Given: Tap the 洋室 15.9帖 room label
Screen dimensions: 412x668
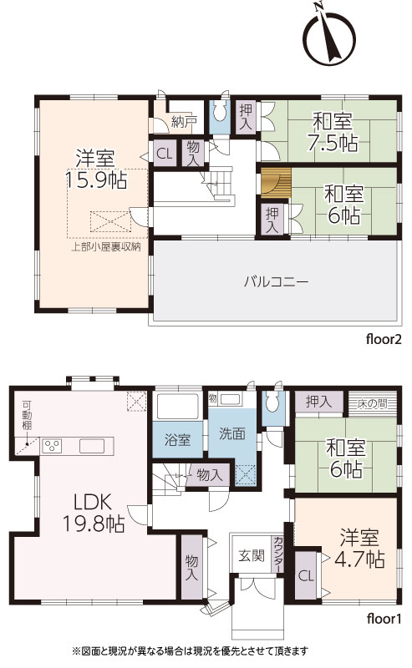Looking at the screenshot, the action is pos(95,170).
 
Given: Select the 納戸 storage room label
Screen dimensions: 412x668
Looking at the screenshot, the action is pos(184,121).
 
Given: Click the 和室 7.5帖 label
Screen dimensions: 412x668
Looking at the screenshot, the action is pos(333,132).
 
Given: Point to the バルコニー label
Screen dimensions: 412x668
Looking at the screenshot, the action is pos(276,282).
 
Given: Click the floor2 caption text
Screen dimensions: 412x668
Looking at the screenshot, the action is pos(384,339).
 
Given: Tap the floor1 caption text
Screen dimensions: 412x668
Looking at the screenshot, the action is pos(384,618).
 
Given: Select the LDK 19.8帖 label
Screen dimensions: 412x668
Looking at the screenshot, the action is pos(94,513).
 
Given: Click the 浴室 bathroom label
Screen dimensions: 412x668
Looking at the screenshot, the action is pos(177,440).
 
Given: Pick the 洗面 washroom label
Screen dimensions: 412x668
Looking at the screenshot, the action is pos(232,433).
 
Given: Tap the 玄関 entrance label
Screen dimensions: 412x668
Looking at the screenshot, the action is pos(252,555).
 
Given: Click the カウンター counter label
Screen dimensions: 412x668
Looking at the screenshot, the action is pos(277,554).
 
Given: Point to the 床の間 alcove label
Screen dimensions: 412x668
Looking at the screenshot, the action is pos(373,403).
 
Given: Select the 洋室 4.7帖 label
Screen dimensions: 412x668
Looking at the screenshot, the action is pos(359,549).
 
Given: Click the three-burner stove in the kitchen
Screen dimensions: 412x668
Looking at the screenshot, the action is pos(52,446).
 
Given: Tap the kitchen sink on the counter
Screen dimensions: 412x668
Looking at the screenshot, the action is pos(91,446).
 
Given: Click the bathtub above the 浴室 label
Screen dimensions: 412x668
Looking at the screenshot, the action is pos(178,406).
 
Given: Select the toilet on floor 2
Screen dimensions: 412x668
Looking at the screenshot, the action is pos(220,113).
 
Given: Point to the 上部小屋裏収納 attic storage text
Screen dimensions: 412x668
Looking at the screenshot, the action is pos(106,246).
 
